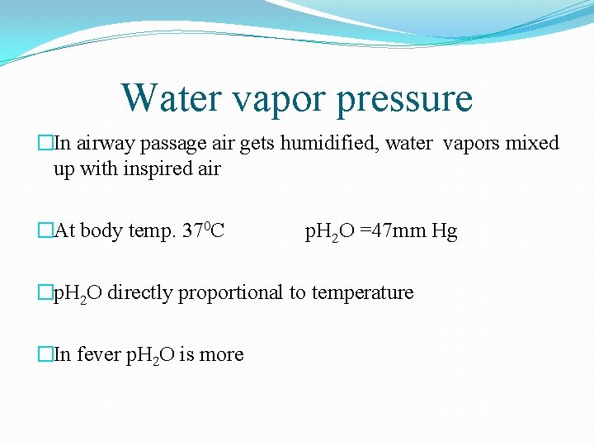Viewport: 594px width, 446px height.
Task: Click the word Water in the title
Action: point(168,98)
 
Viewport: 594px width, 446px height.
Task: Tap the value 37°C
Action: point(203,230)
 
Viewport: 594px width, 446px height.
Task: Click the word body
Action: point(103,230)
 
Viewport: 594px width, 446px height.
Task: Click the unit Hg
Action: point(444,231)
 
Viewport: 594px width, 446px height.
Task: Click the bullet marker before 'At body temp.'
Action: point(45,230)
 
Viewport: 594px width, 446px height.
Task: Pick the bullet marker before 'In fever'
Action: point(45,354)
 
